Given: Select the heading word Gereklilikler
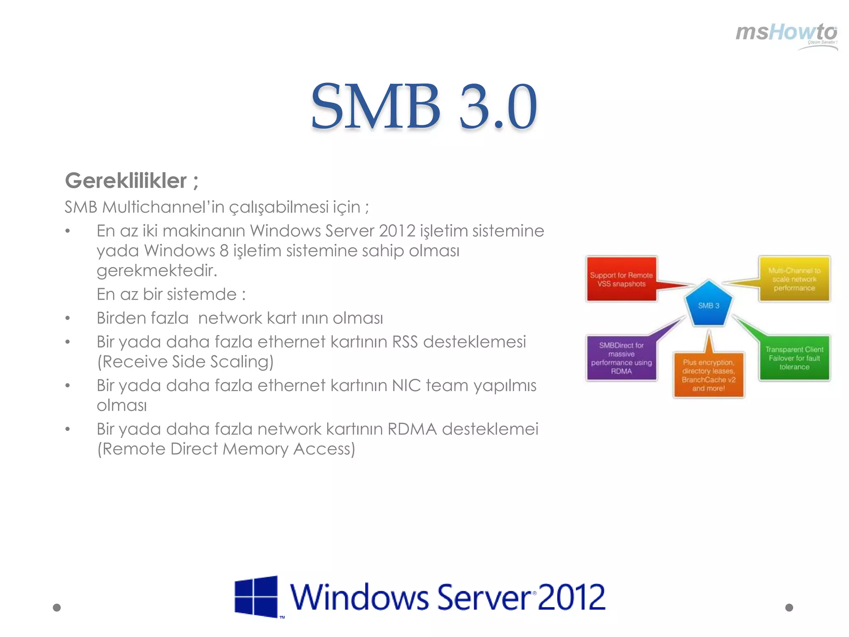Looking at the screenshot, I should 126,181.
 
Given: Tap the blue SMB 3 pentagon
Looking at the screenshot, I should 708,304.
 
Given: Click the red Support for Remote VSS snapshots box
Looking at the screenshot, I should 621,279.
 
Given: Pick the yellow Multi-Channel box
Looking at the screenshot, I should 794,279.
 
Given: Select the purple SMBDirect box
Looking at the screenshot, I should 621,358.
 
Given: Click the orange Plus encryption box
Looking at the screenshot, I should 708,375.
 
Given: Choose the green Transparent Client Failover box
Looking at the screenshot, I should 794,358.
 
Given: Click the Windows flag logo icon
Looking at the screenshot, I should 256,596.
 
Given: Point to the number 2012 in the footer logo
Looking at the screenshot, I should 571,597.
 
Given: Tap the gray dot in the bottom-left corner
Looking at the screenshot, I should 57,608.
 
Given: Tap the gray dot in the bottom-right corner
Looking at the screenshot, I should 789,608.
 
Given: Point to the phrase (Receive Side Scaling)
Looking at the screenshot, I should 185,362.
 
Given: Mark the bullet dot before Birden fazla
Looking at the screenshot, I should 68,318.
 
